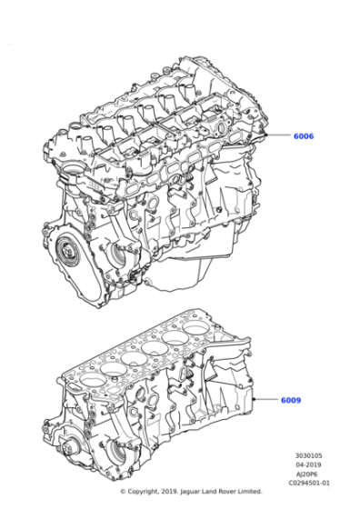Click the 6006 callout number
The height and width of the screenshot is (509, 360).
(x=304, y=136)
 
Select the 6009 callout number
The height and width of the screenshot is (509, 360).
(x=291, y=400)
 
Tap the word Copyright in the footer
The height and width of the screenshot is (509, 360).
(x=150, y=492)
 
